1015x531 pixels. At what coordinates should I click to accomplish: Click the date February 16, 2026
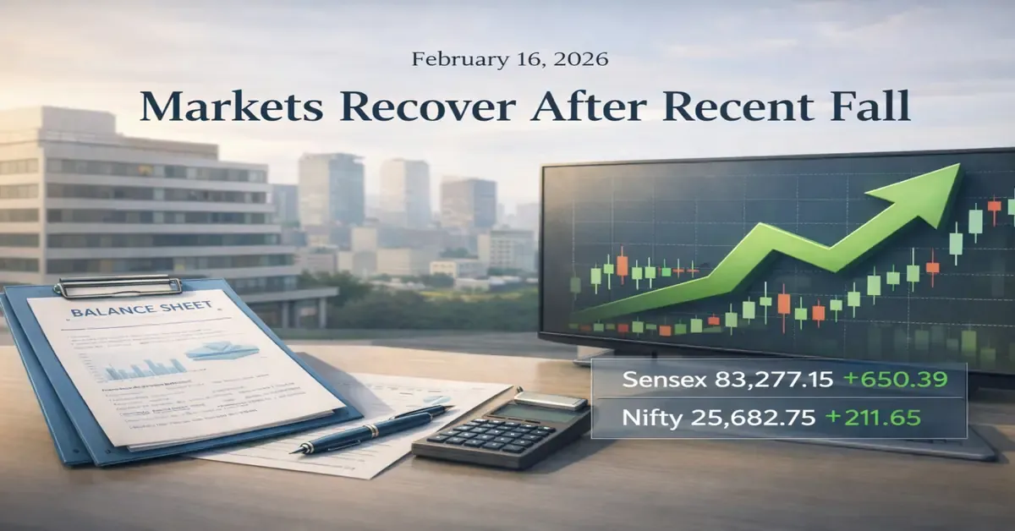pyautogui.click(x=509, y=59)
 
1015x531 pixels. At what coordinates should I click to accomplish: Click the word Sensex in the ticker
pyautogui.click(x=655, y=380)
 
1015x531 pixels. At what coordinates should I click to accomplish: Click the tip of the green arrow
pyautogui.click(x=957, y=169)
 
